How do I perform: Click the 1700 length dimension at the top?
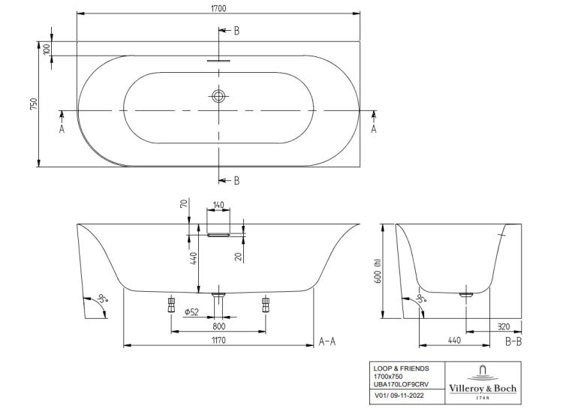click(218, 8)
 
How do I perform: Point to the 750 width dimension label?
click(33, 104)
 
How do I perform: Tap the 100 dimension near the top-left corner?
click(47, 50)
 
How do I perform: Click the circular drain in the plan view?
click(218, 96)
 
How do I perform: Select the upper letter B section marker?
click(236, 31)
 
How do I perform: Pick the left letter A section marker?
click(62, 129)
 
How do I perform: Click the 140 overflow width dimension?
click(218, 205)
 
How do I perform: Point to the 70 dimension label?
click(183, 204)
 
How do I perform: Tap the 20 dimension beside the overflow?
click(239, 256)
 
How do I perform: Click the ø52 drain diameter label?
click(191, 312)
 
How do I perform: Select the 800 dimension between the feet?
click(218, 326)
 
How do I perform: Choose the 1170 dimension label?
click(218, 340)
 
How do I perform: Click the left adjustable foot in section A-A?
click(171, 304)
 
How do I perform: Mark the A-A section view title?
click(327, 341)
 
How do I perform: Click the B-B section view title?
click(513, 341)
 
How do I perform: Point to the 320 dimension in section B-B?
click(504, 326)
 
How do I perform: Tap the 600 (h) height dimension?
click(377, 272)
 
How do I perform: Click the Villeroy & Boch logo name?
click(483, 388)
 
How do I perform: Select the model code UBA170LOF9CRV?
click(401, 384)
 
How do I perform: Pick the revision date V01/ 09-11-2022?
click(399, 395)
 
